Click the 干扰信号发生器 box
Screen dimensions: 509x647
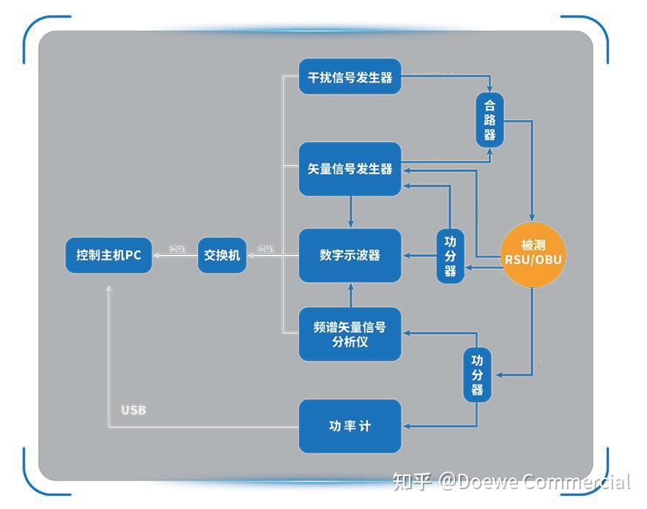pyautogui.click(x=350, y=77)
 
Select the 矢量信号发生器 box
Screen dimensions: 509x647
pyautogui.click(x=350, y=168)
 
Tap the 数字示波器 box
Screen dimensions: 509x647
pyautogui.click(x=350, y=255)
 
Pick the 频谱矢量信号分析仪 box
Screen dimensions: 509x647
pyautogui.click(x=350, y=334)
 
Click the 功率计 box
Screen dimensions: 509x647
pyautogui.click(x=350, y=426)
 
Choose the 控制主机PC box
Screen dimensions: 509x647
pyautogui.click(x=108, y=256)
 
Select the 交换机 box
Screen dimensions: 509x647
pyautogui.click(x=222, y=256)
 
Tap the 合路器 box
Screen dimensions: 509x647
pyautogui.click(x=489, y=119)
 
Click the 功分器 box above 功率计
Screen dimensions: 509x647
pyautogui.click(x=477, y=375)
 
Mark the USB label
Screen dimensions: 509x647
pyautogui.click(x=133, y=409)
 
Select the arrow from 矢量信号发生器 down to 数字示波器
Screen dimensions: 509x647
pyautogui.click(x=350, y=212)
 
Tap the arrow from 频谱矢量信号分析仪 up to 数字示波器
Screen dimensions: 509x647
pyautogui.click(x=350, y=295)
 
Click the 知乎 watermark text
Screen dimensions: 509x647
pyautogui.click(x=411, y=481)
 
